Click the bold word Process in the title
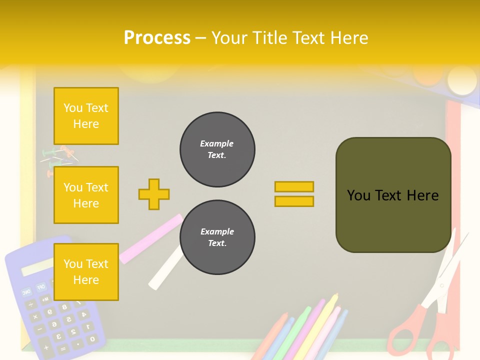[x=157, y=38]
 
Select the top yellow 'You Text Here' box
[x=86, y=116]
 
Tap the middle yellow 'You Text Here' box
[x=86, y=195]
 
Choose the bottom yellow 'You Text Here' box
[x=86, y=272]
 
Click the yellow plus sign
[x=154, y=194]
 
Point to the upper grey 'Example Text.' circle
[x=217, y=149]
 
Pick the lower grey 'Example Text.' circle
[x=217, y=237]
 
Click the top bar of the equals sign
[x=294, y=186]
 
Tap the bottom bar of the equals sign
[x=294, y=201]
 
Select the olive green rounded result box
[x=393, y=195]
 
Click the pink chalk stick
[x=150, y=239]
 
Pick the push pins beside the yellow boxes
[x=59, y=160]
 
